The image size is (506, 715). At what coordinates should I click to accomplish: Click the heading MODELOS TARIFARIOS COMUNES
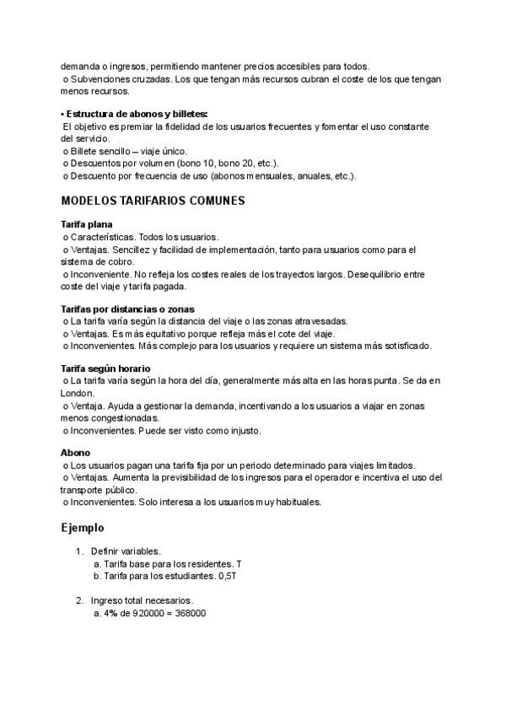pyautogui.click(x=153, y=202)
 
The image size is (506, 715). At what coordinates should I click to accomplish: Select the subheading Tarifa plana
pyautogui.click(x=87, y=224)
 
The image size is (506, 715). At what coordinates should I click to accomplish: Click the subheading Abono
pyautogui.click(x=76, y=453)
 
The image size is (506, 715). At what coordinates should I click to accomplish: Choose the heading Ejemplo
pyautogui.click(x=82, y=528)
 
